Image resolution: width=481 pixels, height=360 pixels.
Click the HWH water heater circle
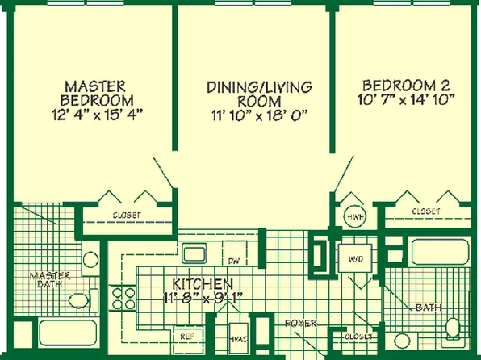(355, 216)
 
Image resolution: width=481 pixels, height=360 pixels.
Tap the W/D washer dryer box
(355, 258)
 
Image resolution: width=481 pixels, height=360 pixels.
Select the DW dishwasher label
(234, 262)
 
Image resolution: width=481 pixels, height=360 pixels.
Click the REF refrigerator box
(188, 337)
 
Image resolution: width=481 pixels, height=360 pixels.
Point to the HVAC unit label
(238, 340)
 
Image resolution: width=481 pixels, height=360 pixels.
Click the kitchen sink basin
(194, 253)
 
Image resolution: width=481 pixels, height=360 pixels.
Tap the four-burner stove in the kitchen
(123, 298)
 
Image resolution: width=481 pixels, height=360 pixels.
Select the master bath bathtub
(68, 333)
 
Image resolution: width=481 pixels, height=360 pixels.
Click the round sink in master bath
(91, 259)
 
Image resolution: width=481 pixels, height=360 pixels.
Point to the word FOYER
(301, 323)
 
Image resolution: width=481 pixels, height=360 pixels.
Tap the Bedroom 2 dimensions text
(406, 100)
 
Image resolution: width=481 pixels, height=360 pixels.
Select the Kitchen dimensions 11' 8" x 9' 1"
(203, 298)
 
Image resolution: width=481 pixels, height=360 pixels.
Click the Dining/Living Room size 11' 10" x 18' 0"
(259, 116)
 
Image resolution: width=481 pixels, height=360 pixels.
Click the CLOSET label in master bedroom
(127, 216)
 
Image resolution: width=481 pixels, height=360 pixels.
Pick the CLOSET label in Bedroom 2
(426, 211)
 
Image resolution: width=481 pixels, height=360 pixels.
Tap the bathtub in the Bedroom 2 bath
(441, 252)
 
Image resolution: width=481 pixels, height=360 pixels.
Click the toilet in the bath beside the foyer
(453, 329)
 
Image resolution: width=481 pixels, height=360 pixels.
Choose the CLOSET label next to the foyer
(358, 337)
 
